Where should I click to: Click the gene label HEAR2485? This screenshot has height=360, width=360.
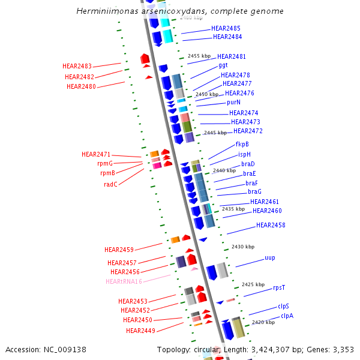226,29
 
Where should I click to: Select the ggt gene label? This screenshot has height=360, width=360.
223,65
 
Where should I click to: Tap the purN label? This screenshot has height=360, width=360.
233,103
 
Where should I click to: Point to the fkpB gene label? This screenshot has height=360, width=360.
242,144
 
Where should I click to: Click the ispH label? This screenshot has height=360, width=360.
244,154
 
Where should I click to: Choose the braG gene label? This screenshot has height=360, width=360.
254,192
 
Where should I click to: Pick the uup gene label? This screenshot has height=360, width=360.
270,258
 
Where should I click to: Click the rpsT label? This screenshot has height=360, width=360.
279,288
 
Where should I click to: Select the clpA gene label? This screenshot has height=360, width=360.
287,316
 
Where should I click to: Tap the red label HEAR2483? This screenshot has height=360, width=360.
77,67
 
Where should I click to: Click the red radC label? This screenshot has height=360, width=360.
110,185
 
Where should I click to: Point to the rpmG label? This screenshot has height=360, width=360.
105,164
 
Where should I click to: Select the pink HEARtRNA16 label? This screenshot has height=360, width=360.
124,282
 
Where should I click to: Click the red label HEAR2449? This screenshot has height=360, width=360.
140,331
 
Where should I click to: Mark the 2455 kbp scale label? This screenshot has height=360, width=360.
200,56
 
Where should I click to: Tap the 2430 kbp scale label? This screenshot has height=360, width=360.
243,247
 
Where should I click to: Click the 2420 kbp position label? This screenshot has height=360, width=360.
263,323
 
